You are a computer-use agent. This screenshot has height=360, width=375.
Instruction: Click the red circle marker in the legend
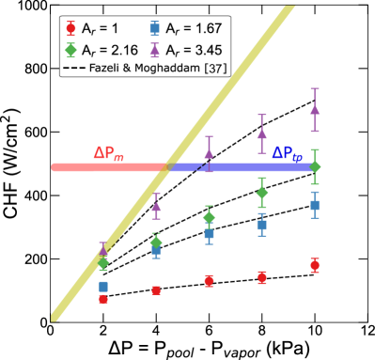70,28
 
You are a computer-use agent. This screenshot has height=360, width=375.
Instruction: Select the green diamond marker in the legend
70,50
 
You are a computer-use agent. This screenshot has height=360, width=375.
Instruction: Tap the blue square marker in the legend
154,28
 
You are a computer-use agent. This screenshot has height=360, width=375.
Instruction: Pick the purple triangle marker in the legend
154,50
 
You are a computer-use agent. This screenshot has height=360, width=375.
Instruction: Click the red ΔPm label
108,154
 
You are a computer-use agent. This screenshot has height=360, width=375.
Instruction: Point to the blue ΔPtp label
287,153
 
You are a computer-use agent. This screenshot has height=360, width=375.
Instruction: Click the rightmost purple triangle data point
315,108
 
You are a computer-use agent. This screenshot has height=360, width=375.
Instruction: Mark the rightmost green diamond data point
315,166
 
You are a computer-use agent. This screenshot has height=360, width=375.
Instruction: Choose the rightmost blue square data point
315,205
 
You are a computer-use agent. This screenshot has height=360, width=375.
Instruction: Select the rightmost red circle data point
315,266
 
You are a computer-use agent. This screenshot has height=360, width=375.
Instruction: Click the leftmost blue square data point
103,286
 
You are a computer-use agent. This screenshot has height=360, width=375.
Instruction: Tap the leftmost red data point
103,299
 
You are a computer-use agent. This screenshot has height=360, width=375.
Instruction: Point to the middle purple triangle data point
209,153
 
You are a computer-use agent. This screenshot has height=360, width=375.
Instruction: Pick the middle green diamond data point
209,217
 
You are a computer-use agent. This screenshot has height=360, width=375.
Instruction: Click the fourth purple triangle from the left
262,133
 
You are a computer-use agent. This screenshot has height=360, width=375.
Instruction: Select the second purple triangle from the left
156,205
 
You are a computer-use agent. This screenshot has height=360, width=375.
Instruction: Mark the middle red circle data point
209,280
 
